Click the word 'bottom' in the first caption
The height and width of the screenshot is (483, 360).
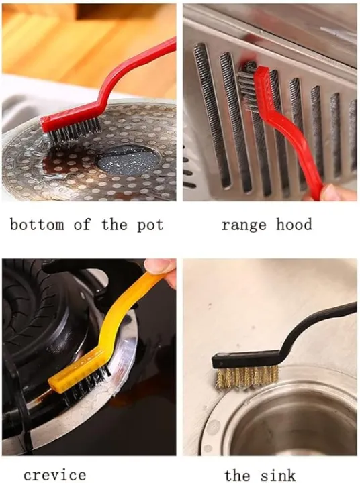click(x=37, y=225)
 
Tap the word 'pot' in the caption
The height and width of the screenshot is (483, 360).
click(x=149, y=225)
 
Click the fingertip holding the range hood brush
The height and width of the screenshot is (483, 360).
click(x=330, y=193)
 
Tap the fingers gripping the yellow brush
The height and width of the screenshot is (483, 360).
click(x=163, y=270)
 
